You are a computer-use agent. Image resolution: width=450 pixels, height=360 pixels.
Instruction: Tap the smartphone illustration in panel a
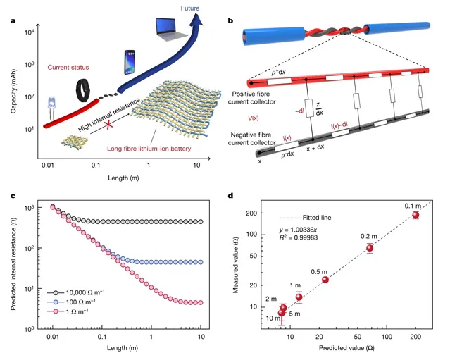click(130, 63)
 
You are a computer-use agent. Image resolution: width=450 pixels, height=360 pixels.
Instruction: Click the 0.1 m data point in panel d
click(415, 215)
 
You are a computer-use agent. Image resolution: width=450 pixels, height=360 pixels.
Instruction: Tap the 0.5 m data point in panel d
click(325, 280)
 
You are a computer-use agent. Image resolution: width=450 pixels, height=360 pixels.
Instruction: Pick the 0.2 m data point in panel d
click(370, 248)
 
